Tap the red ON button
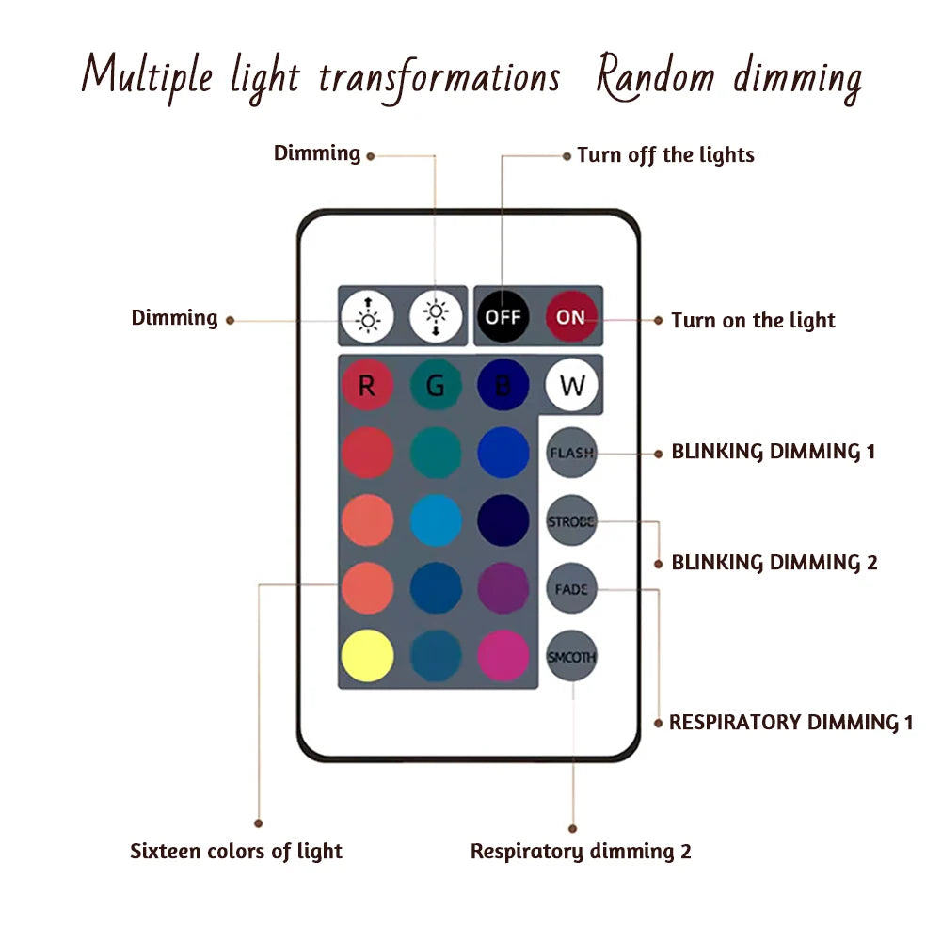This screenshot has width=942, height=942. click(x=570, y=316)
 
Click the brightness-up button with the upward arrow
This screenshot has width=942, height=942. click(x=367, y=316)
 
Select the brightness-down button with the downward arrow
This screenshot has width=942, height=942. click(x=436, y=316)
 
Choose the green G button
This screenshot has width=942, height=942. click(x=436, y=385)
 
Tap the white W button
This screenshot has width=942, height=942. click(x=572, y=385)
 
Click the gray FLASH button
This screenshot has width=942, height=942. click(x=571, y=453)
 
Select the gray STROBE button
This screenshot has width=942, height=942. click(x=571, y=520)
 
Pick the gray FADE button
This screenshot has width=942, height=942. click(x=571, y=589)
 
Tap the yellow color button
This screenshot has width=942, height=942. click(x=367, y=656)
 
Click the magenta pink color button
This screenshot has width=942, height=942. click(x=503, y=656)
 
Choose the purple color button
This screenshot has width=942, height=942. click(x=503, y=588)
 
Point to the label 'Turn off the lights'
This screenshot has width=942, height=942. click(x=665, y=154)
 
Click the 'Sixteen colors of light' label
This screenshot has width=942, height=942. click(x=236, y=852)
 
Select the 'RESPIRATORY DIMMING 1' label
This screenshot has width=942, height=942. click(x=790, y=723)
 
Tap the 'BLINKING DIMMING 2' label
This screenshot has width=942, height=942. click(x=774, y=563)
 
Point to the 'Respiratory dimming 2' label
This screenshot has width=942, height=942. click(x=581, y=852)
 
